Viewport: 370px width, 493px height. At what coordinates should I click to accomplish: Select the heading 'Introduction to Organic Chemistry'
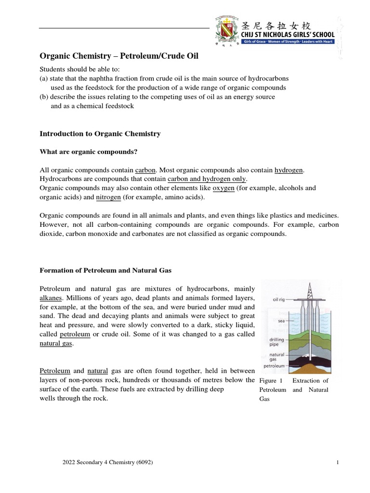(100, 133)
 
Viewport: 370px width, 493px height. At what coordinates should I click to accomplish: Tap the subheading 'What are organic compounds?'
(88, 152)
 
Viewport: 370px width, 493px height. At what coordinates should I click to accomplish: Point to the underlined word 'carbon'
(145, 170)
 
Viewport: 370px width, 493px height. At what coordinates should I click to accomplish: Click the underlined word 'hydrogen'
(289, 170)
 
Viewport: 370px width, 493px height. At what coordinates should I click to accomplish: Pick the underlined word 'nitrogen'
(108, 197)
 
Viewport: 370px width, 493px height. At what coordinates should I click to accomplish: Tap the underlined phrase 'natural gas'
(55, 343)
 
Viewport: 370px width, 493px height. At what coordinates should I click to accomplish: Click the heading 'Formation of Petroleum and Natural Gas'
(105, 271)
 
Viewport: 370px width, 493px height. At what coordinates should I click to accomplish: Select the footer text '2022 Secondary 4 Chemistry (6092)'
(108, 463)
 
